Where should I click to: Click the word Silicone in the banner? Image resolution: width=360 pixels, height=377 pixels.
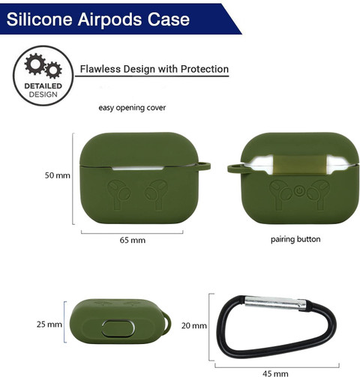[x=39, y=19]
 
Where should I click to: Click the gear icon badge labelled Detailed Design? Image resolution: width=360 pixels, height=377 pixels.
[x=43, y=76]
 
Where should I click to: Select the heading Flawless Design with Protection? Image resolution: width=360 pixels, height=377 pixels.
[x=154, y=69]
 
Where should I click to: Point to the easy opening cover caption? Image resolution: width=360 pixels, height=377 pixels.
[x=132, y=108]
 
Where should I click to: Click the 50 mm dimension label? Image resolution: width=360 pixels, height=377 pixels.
[x=57, y=175]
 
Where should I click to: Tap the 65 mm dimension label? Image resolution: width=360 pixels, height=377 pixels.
[x=133, y=240]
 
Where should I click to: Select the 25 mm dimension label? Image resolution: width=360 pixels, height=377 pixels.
[x=49, y=325]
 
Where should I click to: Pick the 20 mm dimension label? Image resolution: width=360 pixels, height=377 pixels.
[x=194, y=325]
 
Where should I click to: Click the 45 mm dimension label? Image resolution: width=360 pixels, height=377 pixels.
[x=275, y=373]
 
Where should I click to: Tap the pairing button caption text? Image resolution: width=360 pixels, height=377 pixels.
[x=295, y=239]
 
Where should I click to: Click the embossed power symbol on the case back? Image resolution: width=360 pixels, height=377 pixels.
[x=298, y=191]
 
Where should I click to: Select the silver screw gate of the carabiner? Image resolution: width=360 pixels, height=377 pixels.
[x=275, y=303]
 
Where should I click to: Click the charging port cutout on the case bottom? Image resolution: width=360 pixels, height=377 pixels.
[x=118, y=328]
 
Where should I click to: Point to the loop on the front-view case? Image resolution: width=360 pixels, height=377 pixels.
[x=203, y=166]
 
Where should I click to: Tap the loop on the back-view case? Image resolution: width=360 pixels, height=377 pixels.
[x=235, y=169]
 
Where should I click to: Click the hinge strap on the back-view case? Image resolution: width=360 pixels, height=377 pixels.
[x=300, y=164]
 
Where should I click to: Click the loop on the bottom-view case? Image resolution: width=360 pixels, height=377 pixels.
[x=167, y=322]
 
